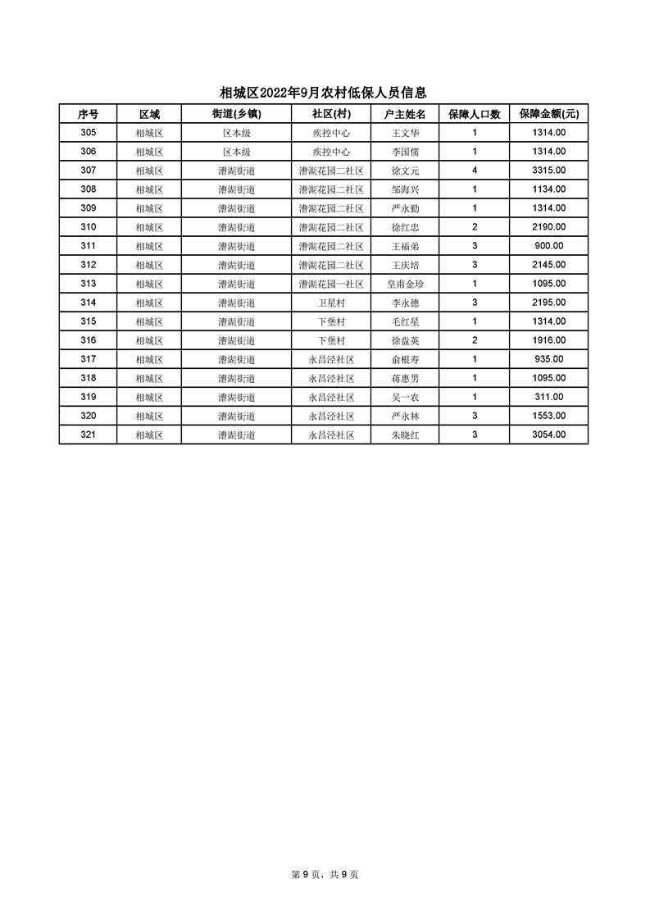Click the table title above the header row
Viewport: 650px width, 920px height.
point(324,93)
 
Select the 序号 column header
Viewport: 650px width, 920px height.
point(88,114)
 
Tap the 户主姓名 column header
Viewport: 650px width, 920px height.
point(405,114)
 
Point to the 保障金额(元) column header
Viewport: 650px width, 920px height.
point(548,114)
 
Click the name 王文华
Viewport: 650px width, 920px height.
point(405,133)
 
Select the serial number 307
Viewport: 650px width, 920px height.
point(88,171)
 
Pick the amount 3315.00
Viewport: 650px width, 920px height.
point(548,171)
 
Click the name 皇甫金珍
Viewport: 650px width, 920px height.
point(405,284)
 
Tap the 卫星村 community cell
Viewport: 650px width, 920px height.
point(331,303)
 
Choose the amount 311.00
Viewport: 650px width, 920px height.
point(548,397)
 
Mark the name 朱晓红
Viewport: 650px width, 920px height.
point(405,435)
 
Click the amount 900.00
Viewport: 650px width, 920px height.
point(548,246)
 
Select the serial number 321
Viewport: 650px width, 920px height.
point(88,435)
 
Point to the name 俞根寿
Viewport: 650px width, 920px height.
point(405,359)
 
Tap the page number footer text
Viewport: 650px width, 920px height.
point(325,874)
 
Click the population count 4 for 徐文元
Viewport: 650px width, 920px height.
point(474,171)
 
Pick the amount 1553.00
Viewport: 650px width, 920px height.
point(548,416)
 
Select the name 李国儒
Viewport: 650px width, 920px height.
point(405,152)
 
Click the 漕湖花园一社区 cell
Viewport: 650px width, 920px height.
point(331,284)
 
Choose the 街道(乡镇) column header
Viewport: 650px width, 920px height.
point(236,114)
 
